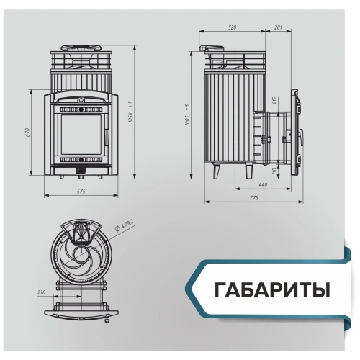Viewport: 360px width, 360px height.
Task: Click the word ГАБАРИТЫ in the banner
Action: (x=272, y=290)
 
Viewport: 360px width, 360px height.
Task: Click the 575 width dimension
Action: (x=80, y=191)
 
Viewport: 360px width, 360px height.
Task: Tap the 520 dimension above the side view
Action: (x=232, y=27)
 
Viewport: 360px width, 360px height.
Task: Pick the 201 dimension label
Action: (x=279, y=27)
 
